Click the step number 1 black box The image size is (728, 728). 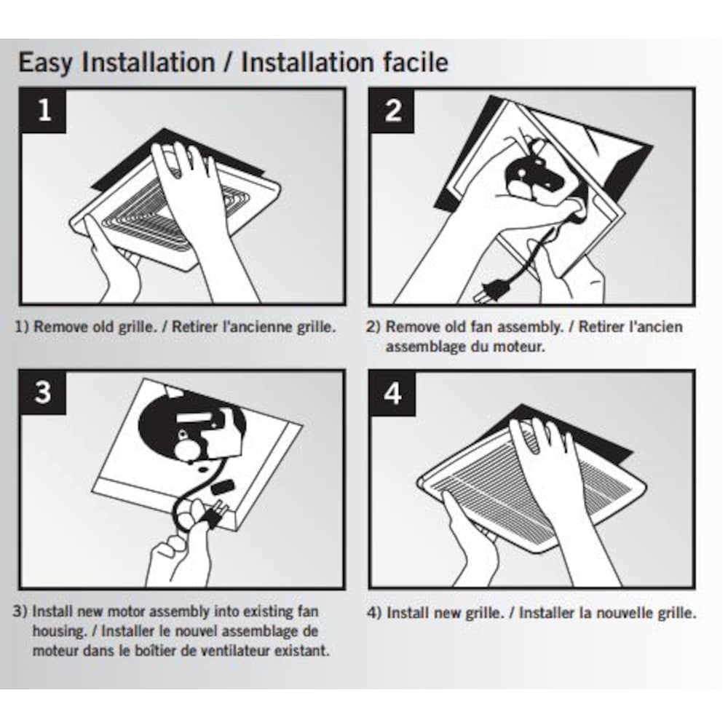pyautogui.click(x=44, y=111)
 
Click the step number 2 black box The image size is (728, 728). pyautogui.click(x=393, y=111)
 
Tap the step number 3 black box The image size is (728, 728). pyautogui.click(x=44, y=393)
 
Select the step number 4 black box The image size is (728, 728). pyautogui.click(x=393, y=394)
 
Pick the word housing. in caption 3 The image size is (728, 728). pyautogui.click(x=60, y=630)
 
